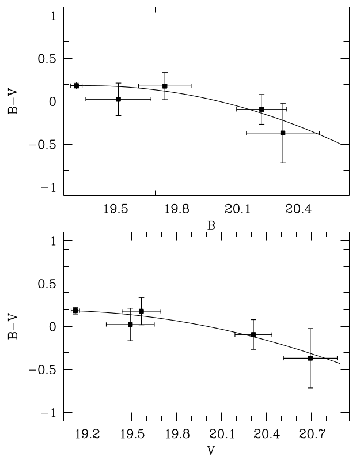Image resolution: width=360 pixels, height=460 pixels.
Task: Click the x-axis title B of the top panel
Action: point(211,226)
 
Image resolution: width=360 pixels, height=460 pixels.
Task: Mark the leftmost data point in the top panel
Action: point(76,85)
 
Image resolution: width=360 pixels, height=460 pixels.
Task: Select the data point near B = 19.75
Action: point(165,86)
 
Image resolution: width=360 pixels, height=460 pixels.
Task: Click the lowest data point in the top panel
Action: point(283,133)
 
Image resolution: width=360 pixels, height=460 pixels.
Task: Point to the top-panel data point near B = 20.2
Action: point(262,109)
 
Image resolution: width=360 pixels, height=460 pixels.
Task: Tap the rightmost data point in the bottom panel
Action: point(310,358)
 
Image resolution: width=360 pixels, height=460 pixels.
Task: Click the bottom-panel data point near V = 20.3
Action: point(253,334)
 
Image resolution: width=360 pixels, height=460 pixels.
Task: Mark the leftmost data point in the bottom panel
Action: point(75,311)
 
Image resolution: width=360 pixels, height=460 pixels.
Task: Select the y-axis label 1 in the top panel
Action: point(52,16)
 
